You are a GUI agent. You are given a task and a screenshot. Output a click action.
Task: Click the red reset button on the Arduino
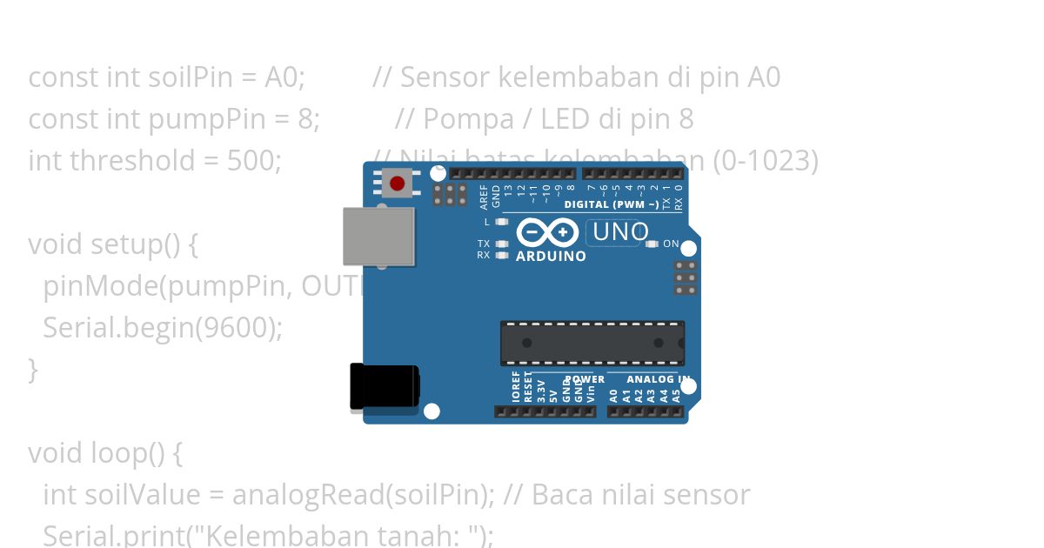point(398,184)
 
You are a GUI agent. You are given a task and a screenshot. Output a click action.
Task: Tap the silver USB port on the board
point(378,237)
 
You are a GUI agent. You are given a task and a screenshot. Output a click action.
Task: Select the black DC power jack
point(384,386)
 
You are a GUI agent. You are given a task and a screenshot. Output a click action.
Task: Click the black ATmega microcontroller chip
point(592,343)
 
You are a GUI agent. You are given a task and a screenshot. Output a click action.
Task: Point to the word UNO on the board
point(620,232)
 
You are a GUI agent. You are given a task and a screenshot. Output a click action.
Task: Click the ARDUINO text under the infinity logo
point(551,257)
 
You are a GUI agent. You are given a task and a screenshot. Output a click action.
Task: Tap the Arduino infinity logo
point(547,232)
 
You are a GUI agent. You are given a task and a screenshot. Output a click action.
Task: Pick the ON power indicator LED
point(653,244)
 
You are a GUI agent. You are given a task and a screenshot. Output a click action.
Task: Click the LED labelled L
point(501,222)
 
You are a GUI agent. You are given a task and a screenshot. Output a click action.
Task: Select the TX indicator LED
point(501,244)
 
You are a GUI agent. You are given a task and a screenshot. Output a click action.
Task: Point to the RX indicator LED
point(501,256)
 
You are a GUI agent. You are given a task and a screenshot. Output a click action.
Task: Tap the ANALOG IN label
point(659,380)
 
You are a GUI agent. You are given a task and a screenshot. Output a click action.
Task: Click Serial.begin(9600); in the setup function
point(163,328)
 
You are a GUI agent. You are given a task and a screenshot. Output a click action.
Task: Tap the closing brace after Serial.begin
point(33,370)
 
